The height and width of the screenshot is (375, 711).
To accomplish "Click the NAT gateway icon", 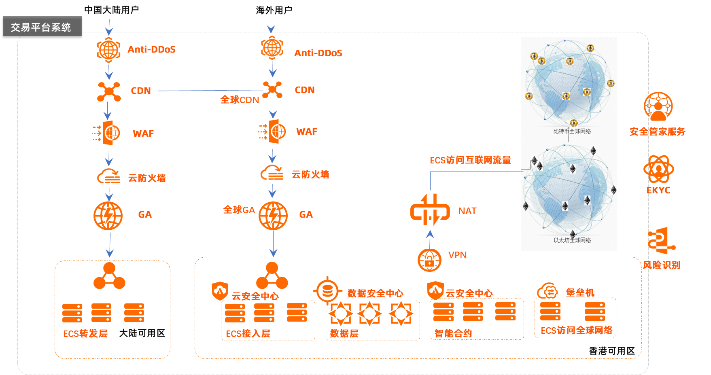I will [430, 210].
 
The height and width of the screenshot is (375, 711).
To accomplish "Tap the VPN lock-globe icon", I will [429, 260].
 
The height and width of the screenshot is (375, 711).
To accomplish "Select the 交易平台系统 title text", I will [41, 28].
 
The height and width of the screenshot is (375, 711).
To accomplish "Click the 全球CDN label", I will [240, 100].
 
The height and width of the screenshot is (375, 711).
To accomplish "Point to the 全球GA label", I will [239, 210].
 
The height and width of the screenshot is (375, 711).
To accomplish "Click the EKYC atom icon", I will [658, 169].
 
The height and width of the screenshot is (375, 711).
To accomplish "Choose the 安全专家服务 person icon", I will [658, 106].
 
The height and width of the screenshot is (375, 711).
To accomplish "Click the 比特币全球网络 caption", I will [572, 131].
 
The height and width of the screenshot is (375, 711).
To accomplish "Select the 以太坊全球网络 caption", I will [572, 240].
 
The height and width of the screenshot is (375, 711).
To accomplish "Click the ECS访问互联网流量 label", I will [470, 160].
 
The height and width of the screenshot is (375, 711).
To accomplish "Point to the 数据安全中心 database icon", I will [327, 290].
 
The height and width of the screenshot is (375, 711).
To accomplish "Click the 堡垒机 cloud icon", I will [548, 291].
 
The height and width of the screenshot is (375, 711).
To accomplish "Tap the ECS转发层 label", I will [85, 334].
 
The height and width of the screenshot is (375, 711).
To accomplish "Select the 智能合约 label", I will [453, 333].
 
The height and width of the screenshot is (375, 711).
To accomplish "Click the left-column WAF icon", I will [107, 133].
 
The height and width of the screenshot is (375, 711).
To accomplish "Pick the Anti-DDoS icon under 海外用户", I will [272, 48].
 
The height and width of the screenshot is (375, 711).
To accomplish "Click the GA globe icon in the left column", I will [108, 216].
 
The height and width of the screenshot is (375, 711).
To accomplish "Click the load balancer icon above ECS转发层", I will [109, 276].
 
